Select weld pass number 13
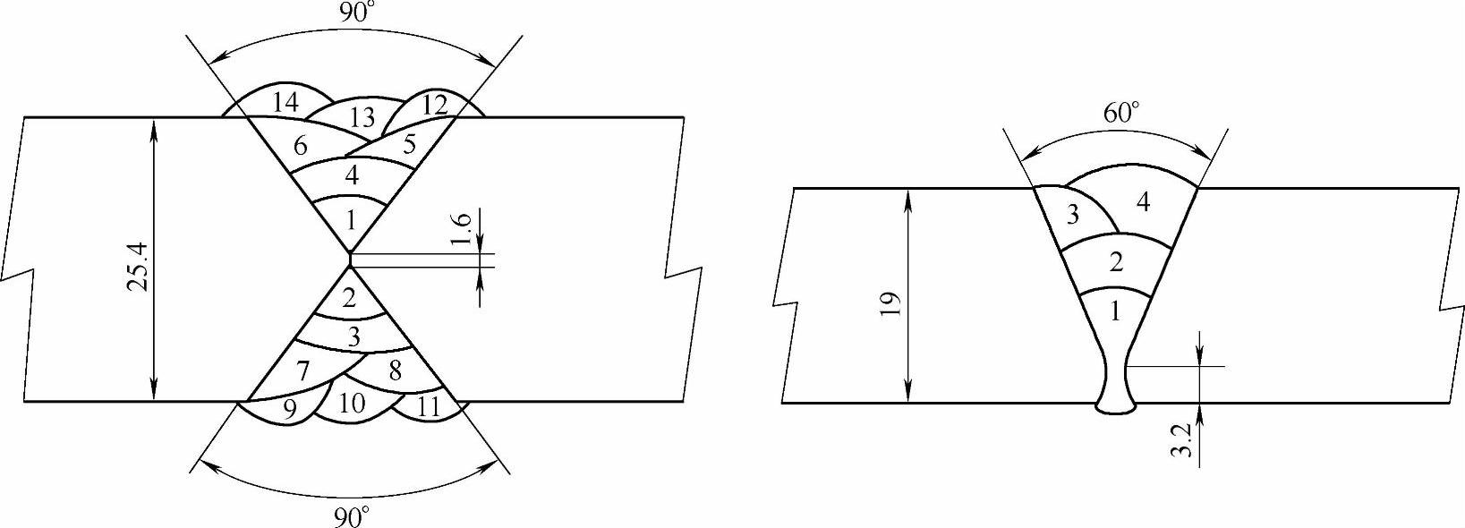(x=362, y=117)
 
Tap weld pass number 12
(x=434, y=105)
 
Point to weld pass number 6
(x=302, y=145)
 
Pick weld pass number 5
(x=408, y=143)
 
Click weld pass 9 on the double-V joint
(x=289, y=408)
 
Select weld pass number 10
(x=353, y=405)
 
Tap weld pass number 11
(x=429, y=408)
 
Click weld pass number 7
(x=302, y=370)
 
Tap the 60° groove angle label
(x=1121, y=113)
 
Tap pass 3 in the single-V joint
(x=1072, y=216)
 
